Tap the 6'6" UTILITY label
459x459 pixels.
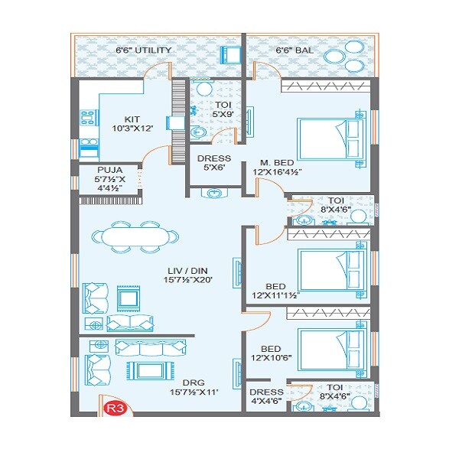[x=143, y=50]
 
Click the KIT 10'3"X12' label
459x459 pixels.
[x=133, y=124]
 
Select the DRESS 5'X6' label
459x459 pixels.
[x=214, y=164]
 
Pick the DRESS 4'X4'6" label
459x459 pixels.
[x=266, y=397]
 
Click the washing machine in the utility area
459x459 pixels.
[x=230, y=54]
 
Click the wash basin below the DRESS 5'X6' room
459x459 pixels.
[x=211, y=194]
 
